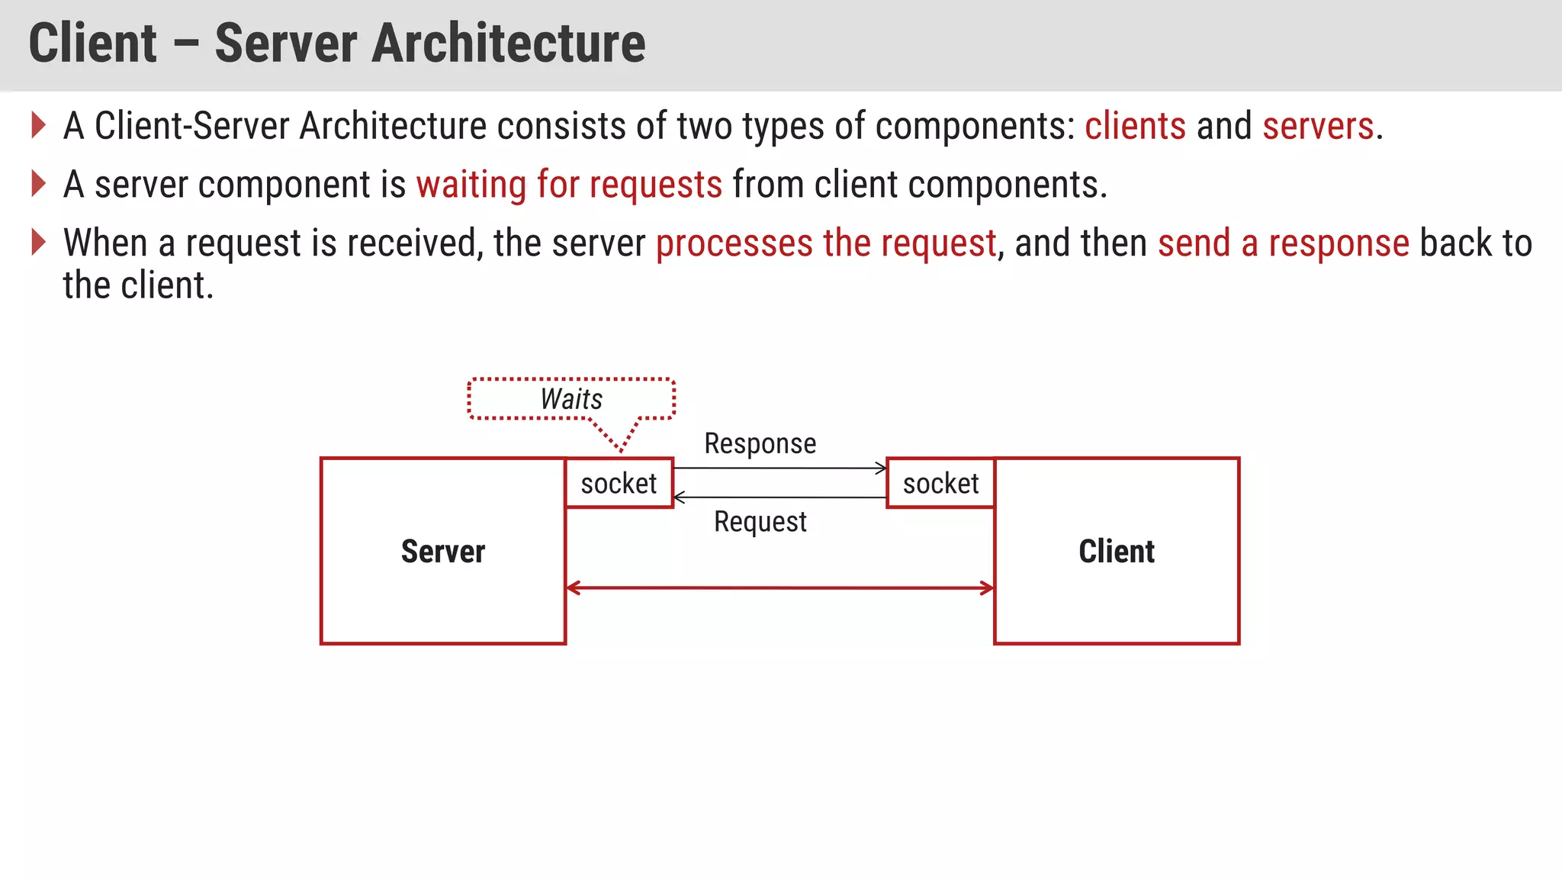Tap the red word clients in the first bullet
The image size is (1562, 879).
tap(1135, 126)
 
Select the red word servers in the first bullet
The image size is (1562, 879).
tap(1317, 126)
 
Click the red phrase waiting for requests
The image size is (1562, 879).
tap(569, 185)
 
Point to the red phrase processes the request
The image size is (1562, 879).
tap(826, 243)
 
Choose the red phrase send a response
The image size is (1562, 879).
tap(1283, 243)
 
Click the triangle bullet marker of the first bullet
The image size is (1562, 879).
tap(39, 125)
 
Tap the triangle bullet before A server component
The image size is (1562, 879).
tap(39, 184)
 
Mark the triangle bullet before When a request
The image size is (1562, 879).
tap(39, 243)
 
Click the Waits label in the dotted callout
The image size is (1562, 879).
tap(571, 399)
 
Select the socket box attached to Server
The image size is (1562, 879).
tap(619, 483)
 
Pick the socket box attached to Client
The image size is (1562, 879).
tap(940, 483)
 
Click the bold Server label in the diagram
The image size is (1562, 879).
tap(443, 551)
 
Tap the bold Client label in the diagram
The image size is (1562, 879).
tap(1117, 551)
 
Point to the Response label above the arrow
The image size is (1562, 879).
tap(760, 443)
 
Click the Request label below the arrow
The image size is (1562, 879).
tap(760, 522)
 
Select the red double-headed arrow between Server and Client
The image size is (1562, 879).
tap(779, 588)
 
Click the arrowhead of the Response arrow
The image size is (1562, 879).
tap(882, 468)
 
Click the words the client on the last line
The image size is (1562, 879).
tap(138, 286)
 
